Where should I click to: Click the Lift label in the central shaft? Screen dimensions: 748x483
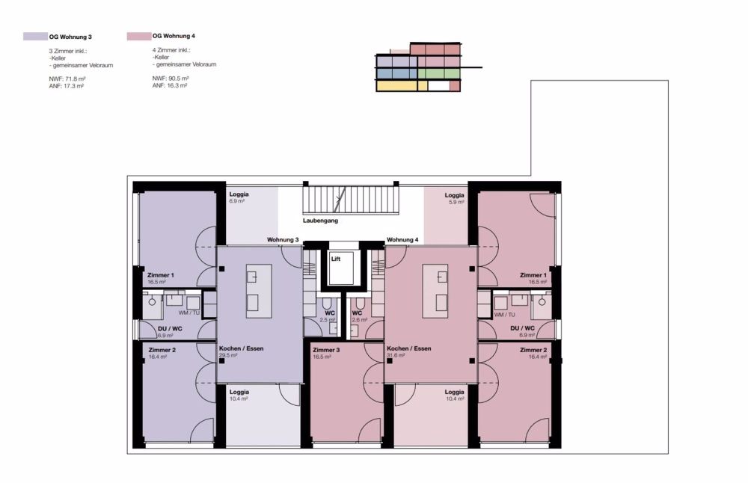point(336,259)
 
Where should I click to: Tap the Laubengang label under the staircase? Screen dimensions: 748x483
point(321,221)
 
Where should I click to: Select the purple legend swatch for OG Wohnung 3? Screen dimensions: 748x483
point(35,36)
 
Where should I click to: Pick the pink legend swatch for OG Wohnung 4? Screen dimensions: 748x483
point(139,36)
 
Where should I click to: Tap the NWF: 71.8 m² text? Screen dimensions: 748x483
point(67,79)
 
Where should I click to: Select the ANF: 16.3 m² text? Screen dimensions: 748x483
point(170,86)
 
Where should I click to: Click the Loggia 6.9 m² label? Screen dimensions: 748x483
point(239,197)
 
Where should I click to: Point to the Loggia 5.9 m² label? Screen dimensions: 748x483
point(455,198)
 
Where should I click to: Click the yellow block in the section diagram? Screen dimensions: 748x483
point(397,85)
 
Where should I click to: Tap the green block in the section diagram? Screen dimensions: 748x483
point(439,73)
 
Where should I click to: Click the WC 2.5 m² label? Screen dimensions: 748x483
point(328,316)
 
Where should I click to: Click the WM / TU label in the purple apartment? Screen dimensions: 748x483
point(189,313)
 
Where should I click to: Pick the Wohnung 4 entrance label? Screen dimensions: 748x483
point(402,240)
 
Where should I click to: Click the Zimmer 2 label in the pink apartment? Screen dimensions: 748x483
point(533,353)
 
